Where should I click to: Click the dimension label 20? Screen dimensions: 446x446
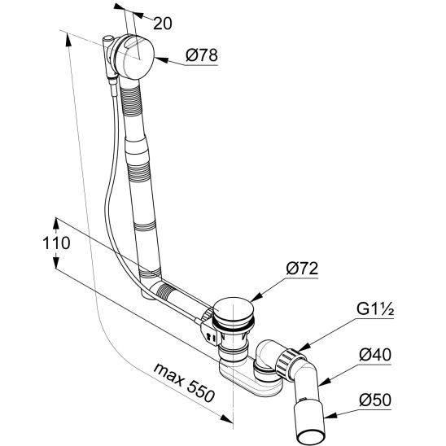pyautogui.click(x=163, y=24)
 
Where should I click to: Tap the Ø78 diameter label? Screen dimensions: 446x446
pyautogui.click(x=202, y=55)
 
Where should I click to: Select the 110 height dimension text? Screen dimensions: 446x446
pyautogui.click(x=56, y=243)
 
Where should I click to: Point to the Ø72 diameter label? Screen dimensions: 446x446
pyautogui.click(x=302, y=268)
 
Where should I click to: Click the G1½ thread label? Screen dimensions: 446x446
pyautogui.click(x=375, y=309)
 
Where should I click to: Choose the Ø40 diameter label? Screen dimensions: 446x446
pyautogui.click(x=375, y=354)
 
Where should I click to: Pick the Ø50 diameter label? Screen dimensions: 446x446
pyautogui.click(x=375, y=400)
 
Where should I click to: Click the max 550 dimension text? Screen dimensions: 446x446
pyautogui.click(x=184, y=383)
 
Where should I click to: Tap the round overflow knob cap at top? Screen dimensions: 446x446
pyautogui.click(x=134, y=56)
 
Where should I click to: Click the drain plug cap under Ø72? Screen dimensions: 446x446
pyautogui.click(x=234, y=310)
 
